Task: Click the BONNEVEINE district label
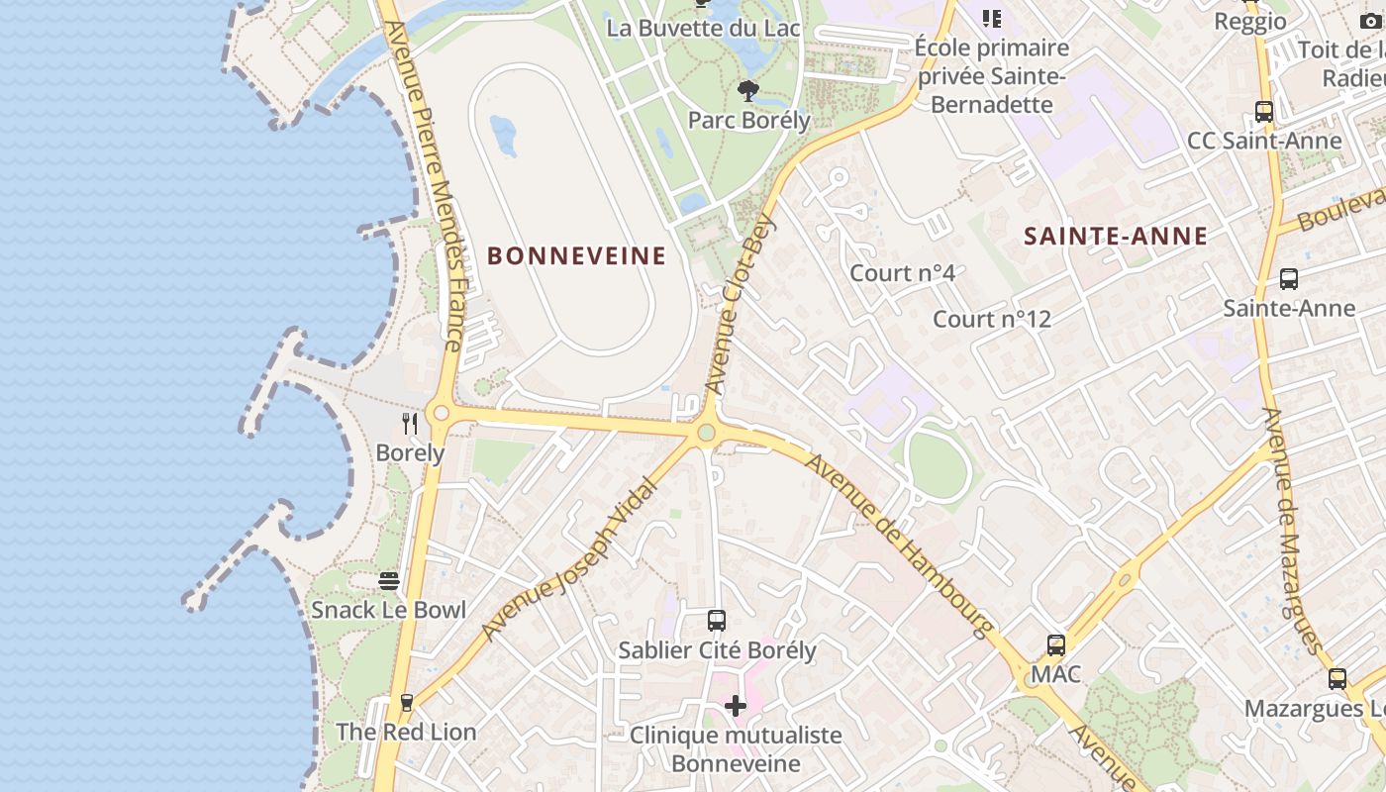(576, 256)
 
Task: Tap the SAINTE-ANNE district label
(1116, 236)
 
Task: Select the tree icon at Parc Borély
(748, 91)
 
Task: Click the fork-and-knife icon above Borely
(410, 424)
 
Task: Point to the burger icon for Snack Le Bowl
(389, 580)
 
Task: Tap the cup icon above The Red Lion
(406, 703)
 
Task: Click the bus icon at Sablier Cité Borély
(717, 621)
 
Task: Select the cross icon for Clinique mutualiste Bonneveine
(736, 706)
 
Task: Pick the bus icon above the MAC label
(1056, 645)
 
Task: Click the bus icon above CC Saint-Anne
(1264, 112)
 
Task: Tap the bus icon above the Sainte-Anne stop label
(1288, 279)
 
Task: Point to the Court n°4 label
(903, 272)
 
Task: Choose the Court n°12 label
(992, 319)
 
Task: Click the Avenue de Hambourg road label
(898, 544)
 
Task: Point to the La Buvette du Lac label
(703, 28)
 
